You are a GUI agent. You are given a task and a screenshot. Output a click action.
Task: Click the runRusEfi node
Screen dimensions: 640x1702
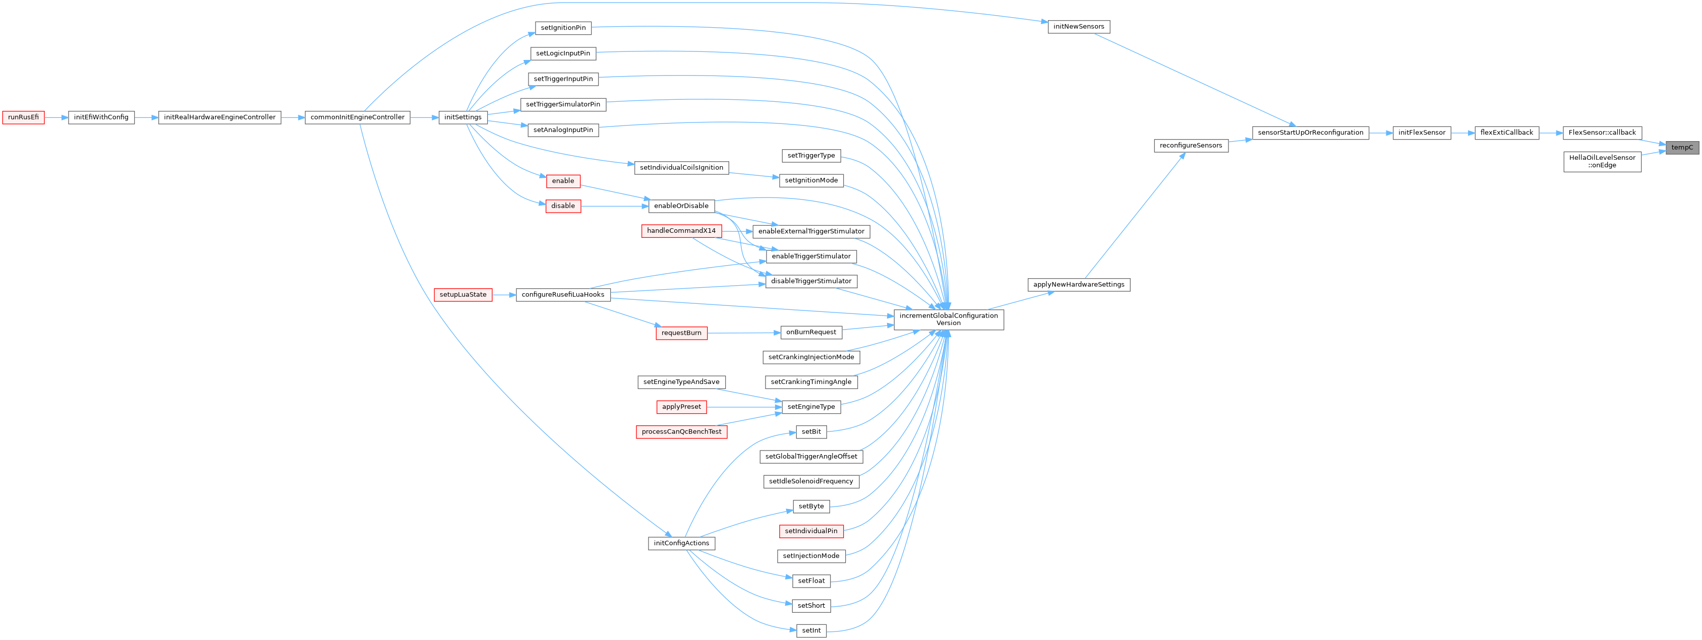(x=23, y=117)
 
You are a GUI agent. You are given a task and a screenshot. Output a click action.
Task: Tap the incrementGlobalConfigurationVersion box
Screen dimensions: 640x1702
(x=948, y=319)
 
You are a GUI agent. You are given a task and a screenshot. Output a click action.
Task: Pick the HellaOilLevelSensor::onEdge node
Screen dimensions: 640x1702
(x=1602, y=161)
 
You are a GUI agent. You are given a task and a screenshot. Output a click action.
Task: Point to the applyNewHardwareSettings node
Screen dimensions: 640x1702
(x=1078, y=285)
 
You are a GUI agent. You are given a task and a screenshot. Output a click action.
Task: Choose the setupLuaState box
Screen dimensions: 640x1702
(x=462, y=295)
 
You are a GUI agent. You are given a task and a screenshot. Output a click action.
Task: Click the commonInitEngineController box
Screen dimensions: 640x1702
(x=357, y=117)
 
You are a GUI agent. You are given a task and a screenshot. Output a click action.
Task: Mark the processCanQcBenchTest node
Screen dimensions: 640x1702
(x=681, y=432)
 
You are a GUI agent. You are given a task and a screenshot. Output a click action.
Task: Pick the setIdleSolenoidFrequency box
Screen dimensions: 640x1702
(x=811, y=481)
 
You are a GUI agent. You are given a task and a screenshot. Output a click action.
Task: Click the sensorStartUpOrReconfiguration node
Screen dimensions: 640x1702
(x=1310, y=133)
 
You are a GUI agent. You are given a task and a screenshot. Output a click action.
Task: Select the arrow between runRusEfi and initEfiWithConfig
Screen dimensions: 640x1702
(x=56, y=117)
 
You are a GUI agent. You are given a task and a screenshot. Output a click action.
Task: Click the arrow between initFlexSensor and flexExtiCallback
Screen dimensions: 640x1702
(x=1462, y=133)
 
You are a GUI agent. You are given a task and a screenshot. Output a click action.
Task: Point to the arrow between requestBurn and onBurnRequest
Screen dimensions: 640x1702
(x=743, y=333)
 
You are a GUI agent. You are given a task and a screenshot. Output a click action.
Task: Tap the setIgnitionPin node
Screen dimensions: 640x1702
(x=563, y=28)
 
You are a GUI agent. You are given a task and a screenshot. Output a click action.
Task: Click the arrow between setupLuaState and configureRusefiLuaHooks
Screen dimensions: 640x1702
(x=503, y=295)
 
